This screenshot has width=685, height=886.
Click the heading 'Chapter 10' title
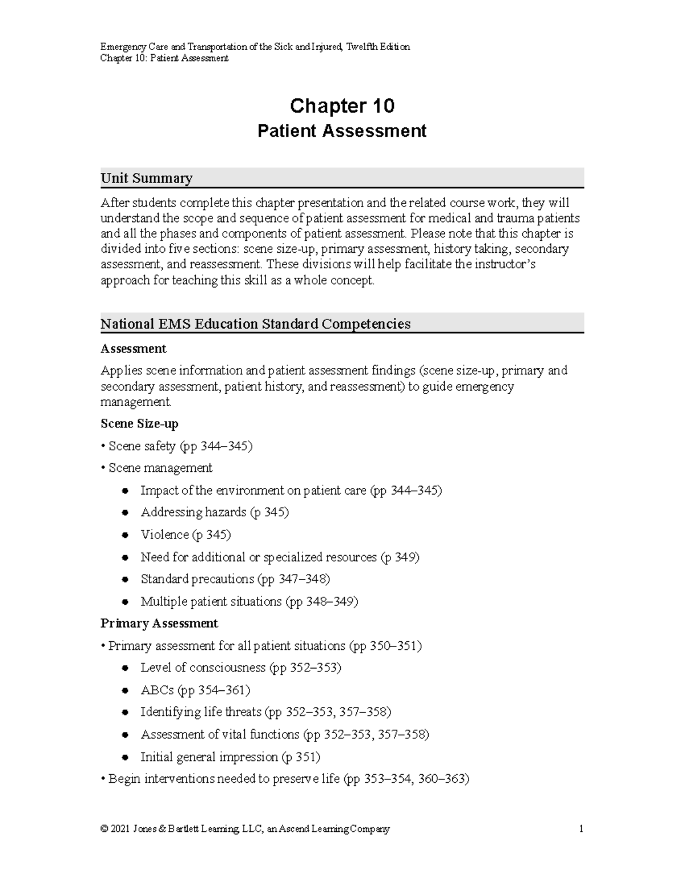point(342,106)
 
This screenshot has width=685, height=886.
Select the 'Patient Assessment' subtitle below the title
point(342,131)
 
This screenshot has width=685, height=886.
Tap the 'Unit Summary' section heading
point(146,179)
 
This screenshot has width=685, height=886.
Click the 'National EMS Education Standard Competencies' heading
point(255,324)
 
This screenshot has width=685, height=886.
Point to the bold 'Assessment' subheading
point(133,349)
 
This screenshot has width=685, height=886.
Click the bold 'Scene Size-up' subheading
point(139,424)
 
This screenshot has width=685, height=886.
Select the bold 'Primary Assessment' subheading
point(159,624)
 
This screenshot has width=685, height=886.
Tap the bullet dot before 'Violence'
point(125,535)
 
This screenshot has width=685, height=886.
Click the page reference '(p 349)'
point(400,557)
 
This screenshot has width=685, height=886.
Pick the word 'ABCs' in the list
point(157,690)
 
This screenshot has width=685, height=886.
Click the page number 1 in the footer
point(581,829)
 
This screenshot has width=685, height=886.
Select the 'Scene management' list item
point(160,468)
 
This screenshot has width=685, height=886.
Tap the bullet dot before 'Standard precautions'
point(125,580)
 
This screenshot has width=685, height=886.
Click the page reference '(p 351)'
point(301,757)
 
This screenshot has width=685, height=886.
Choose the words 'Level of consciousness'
point(203,668)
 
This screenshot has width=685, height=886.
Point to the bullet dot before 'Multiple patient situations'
point(125,602)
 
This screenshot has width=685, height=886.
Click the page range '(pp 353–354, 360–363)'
point(406,779)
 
